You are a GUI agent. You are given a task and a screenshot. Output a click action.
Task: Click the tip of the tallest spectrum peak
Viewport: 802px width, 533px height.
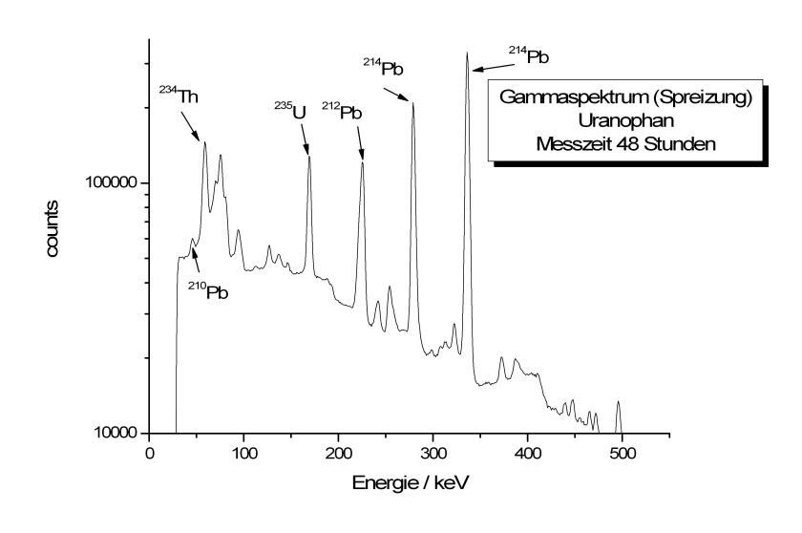467,53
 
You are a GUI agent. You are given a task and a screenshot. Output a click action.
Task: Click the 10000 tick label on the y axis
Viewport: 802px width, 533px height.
114,433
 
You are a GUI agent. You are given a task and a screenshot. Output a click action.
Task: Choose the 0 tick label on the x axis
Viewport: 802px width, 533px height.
149,454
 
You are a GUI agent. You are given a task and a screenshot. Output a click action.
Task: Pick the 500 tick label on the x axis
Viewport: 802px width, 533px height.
623,454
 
